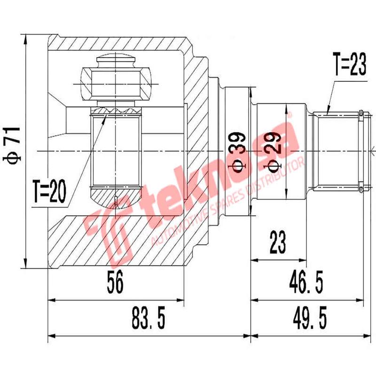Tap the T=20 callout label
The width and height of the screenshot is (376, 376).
(49, 192)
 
